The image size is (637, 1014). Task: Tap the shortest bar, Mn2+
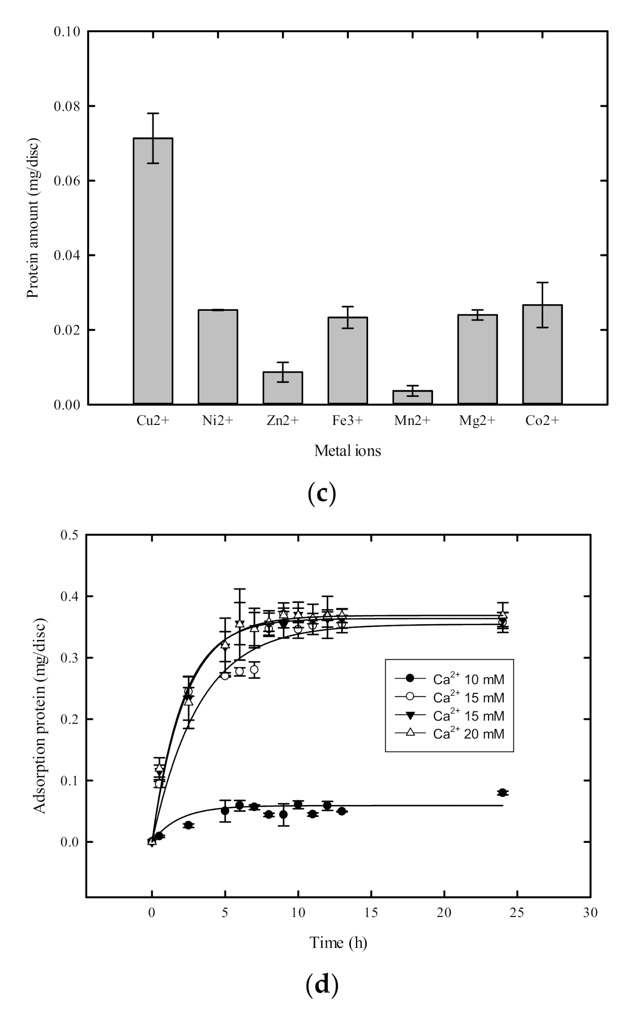coord(412,397)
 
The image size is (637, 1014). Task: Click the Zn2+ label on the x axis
coord(283,421)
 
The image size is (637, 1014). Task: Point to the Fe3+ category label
coord(347,421)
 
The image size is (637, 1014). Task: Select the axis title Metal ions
coord(347,451)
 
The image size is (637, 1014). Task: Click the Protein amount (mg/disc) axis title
coord(33,218)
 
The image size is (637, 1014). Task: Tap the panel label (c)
coord(322,493)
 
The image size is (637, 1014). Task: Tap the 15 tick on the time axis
coord(371,913)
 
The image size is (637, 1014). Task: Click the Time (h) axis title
coord(338,942)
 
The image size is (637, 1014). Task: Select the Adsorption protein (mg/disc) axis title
coord(40,716)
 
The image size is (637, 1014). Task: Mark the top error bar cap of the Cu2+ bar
coord(153,113)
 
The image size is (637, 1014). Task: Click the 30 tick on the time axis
coord(590,913)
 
